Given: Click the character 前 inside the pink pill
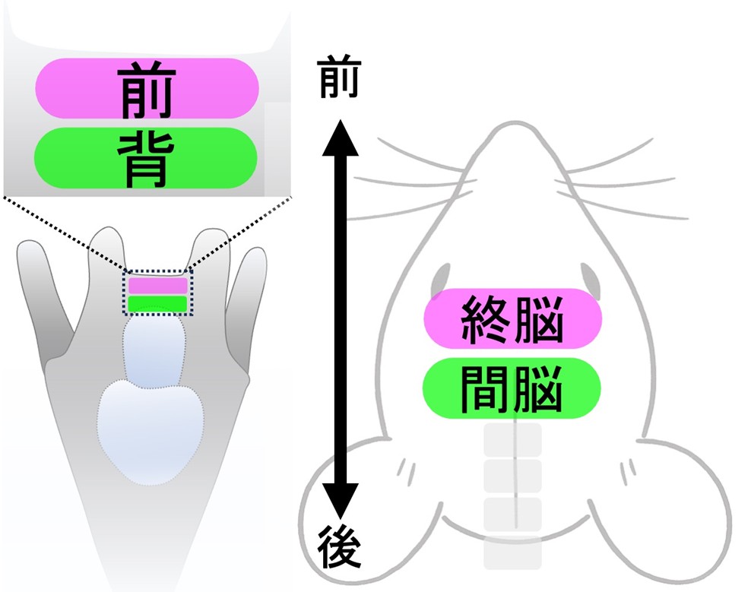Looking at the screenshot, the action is tap(147, 89).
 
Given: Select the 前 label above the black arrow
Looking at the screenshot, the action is tap(338, 77).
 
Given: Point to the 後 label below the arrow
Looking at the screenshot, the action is tap(339, 546).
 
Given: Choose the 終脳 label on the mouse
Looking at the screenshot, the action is tap(512, 318).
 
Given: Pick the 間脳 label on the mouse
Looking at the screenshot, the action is tap(511, 388).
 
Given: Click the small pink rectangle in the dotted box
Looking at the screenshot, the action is tap(157, 286).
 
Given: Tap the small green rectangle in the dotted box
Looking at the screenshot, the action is tap(157, 304).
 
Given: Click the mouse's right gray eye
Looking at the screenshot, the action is tap(591, 280).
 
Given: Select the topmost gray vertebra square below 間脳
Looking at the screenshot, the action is tap(512, 440).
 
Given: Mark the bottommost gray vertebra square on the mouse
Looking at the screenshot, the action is tap(512, 553).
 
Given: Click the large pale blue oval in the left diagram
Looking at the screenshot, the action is tap(151, 431).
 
